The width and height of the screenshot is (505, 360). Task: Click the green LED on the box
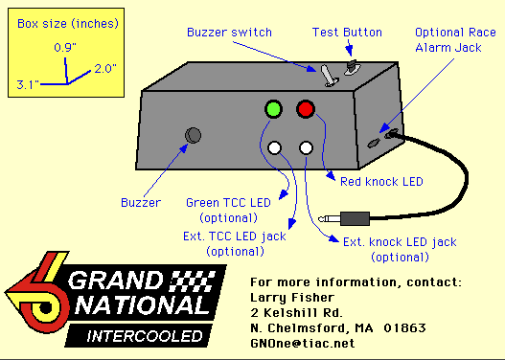tap(273, 109)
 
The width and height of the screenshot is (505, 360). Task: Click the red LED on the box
tap(306, 109)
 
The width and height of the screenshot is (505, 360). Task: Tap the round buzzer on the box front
tap(193, 135)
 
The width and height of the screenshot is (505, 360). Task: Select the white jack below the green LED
tap(274, 148)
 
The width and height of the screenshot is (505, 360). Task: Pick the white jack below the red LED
tap(306, 148)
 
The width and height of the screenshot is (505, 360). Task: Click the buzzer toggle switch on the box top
tap(329, 76)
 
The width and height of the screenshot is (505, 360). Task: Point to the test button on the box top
tap(352, 67)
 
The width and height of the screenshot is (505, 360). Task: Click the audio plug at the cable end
tap(344, 218)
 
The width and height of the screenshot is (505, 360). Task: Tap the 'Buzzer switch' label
tap(229, 33)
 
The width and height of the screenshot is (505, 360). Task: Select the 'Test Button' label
tap(347, 33)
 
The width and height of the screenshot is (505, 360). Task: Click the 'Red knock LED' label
tap(381, 182)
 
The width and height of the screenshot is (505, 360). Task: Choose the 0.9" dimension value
tap(65, 47)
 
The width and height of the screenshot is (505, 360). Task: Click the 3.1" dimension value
tap(28, 84)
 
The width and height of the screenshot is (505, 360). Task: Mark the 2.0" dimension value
tap(105, 68)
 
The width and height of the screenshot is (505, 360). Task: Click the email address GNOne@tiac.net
tap(303, 343)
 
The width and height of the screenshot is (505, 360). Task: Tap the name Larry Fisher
tap(292, 297)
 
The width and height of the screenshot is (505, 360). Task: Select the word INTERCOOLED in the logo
tap(145, 336)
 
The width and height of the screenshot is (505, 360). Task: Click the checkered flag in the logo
tap(192, 281)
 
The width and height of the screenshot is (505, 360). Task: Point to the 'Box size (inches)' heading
tap(68, 24)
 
